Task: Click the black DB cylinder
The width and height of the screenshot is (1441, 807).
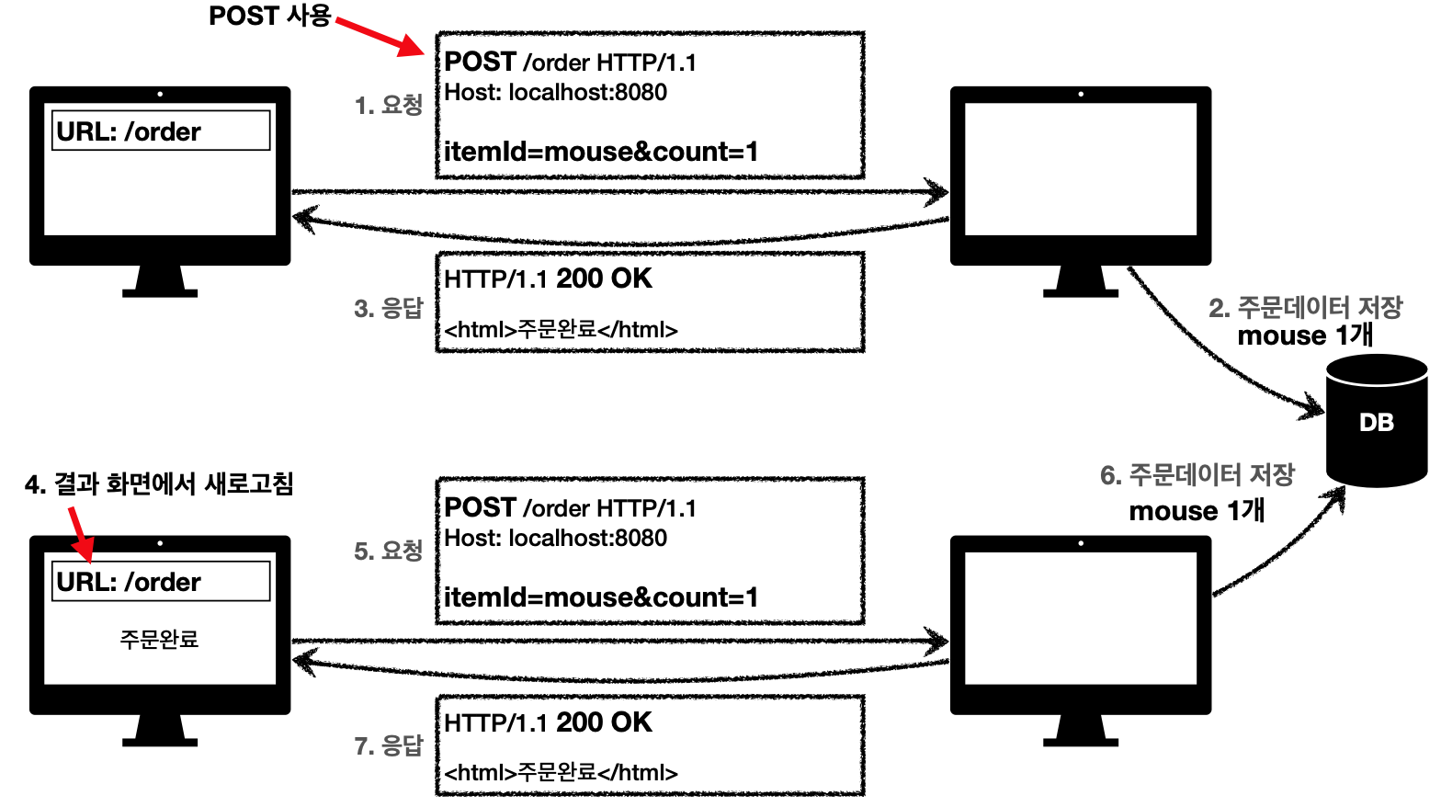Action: [1376, 422]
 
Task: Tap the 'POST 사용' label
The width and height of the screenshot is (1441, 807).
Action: [269, 17]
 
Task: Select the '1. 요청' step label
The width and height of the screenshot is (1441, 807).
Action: [388, 106]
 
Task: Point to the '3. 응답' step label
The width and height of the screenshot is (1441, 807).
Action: [388, 308]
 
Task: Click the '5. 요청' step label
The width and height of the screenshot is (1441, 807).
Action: [388, 551]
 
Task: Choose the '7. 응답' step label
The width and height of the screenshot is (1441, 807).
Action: [388, 745]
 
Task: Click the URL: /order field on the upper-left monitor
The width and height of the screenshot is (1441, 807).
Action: [161, 131]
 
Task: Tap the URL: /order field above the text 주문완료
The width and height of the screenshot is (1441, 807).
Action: [161, 582]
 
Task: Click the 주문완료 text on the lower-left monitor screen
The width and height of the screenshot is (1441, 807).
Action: [159, 639]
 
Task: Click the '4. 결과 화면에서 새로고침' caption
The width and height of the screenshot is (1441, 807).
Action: [159, 484]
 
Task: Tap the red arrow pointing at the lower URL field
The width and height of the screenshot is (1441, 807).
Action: [80, 532]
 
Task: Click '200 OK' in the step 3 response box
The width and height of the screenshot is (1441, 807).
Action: [604, 278]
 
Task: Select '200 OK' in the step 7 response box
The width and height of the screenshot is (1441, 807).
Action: [604, 722]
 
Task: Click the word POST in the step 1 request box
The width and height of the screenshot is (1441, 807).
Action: [480, 63]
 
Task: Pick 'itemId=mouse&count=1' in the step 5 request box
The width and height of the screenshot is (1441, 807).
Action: [601, 597]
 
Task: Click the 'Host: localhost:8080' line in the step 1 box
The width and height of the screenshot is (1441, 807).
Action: [555, 93]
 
